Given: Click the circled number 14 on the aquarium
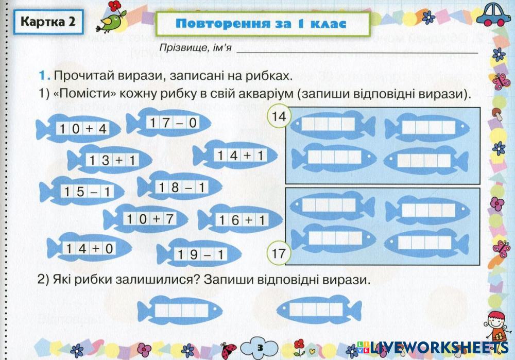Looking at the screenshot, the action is pyautogui.click(x=279, y=117).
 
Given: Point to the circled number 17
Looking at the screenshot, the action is pyautogui.click(x=278, y=253).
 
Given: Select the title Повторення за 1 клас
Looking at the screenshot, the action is pyautogui.click(x=261, y=24).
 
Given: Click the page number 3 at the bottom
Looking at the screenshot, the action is pyautogui.click(x=260, y=348).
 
